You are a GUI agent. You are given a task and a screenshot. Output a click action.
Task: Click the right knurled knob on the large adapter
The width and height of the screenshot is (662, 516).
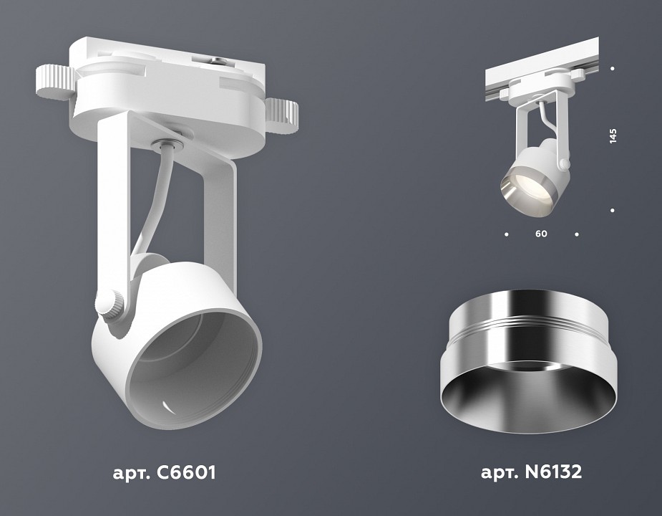point(283,113)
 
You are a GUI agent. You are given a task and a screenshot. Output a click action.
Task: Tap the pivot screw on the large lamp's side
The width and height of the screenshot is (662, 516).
point(112,305)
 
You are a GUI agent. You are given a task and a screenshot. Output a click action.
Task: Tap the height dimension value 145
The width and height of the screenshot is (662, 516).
point(613,136)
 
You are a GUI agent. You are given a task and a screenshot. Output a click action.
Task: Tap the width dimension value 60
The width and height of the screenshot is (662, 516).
point(541,234)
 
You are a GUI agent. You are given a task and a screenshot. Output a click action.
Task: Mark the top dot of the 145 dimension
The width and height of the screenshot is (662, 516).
point(613,69)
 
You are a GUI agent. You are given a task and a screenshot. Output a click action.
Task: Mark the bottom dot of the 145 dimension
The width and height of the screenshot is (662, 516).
point(613,210)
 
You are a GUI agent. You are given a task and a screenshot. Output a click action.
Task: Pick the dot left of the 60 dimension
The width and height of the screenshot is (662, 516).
point(507,234)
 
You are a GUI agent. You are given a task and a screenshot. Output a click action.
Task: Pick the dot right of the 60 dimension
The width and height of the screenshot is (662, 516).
point(577,234)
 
